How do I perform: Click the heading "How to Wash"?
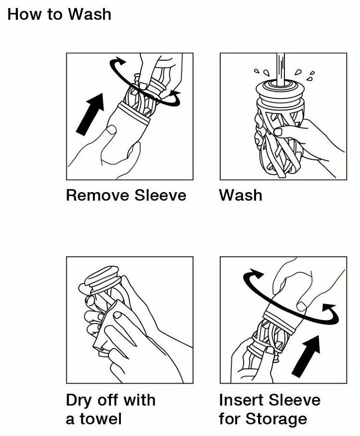click(59, 14)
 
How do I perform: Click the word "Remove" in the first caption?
click(97, 195)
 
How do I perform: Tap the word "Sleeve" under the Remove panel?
click(160, 195)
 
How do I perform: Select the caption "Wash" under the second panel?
click(241, 195)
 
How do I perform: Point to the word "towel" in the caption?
click(101, 419)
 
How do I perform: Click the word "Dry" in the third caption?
click(80, 401)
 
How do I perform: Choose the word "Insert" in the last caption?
click(241, 400)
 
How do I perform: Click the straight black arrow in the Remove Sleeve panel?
click(90, 114)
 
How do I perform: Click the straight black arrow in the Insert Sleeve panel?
click(306, 356)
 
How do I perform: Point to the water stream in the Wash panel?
click(280, 70)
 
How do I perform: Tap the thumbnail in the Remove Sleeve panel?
click(112, 129)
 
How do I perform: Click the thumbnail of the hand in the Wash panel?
click(278, 132)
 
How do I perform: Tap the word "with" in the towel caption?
click(139, 400)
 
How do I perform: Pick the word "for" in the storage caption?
click(230, 419)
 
